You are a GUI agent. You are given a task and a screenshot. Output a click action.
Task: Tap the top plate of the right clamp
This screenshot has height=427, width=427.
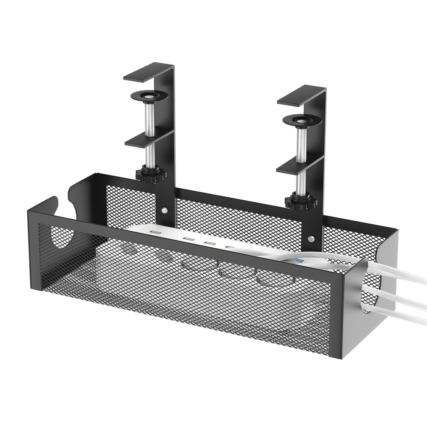coord(299,98)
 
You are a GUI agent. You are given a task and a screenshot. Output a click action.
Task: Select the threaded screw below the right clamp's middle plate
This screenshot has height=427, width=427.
coord(301,182)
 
